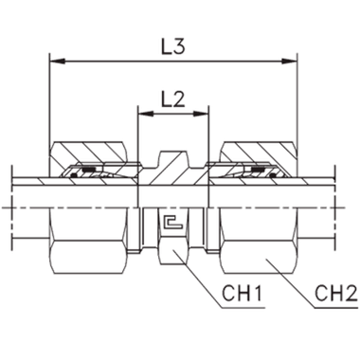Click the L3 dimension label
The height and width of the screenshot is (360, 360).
coord(171,45)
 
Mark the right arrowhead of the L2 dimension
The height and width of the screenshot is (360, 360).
coord(202,114)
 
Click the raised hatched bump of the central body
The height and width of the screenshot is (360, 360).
coord(172,157)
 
